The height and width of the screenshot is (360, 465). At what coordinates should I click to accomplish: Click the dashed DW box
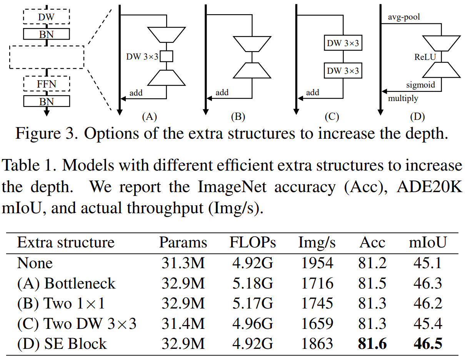coord(47,17)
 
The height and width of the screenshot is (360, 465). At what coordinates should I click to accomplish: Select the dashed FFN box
coord(47,83)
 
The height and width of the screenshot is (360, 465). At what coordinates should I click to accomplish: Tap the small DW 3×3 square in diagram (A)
coord(166,56)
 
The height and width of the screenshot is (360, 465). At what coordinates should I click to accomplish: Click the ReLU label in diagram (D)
coord(426,57)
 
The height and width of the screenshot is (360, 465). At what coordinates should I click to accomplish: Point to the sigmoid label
coord(420,85)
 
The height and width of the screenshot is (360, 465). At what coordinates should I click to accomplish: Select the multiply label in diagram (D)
coord(403,98)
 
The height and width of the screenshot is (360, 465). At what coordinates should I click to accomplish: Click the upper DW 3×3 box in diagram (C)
coord(343,43)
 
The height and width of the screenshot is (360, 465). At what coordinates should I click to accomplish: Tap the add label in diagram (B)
coord(222,92)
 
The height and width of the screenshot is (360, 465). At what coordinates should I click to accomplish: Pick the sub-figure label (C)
coord(332,117)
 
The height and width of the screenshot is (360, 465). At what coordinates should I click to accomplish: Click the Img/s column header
coord(317,243)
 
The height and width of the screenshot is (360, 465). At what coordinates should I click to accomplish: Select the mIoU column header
coord(427,243)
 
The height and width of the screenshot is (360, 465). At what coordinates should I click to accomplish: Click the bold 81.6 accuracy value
coord(372,343)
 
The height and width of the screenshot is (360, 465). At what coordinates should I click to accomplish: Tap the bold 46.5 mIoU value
coord(427,343)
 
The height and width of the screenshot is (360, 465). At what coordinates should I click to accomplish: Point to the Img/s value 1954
coord(317,263)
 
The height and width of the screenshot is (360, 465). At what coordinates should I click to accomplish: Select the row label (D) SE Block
coord(62,343)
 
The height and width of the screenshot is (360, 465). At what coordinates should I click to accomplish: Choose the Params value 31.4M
coord(183,324)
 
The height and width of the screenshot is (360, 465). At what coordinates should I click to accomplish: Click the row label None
coord(35,263)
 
